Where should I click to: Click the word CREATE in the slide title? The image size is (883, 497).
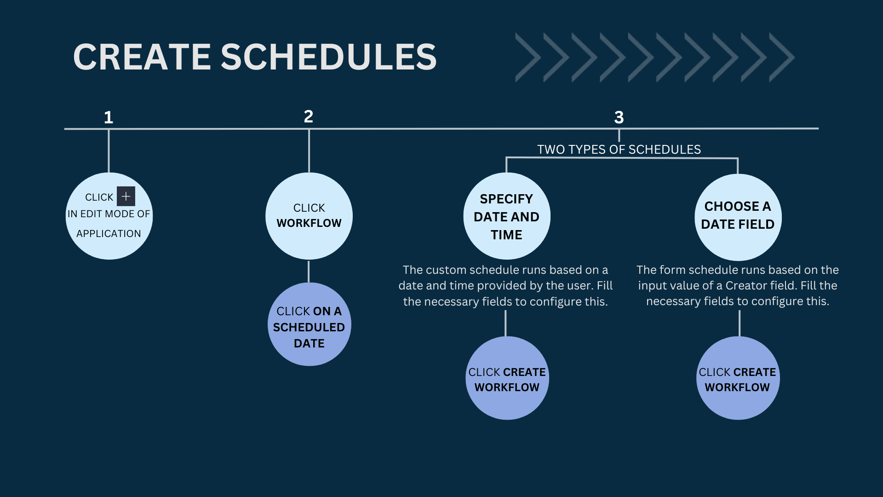coord(142,57)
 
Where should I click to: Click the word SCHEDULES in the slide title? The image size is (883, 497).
coord(329,57)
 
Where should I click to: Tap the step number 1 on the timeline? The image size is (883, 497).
coord(109,117)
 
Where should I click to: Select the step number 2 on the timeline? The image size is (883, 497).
coord(309,116)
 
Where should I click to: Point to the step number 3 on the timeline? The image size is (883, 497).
coord(619,117)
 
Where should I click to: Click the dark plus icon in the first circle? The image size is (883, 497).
coord(126,196)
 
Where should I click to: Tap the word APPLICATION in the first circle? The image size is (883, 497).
coord(109,233)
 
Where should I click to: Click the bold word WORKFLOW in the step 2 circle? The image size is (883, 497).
coord(309,223)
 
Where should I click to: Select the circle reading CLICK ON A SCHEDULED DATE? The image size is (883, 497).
coord(309,324)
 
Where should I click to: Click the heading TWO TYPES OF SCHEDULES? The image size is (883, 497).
coord(619,150)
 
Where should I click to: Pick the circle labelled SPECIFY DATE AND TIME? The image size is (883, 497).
coord(507,216)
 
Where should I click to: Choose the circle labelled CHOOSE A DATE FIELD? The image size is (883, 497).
coord(738,217)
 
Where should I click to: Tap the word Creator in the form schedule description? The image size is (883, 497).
coord(746,285)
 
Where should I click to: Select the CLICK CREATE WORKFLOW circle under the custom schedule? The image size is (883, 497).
coord(507,378)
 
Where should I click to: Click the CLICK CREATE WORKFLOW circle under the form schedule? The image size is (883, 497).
coord(738,378)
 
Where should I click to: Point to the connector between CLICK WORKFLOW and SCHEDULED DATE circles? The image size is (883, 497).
coord(309,272)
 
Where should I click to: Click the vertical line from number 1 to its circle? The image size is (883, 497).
coord(109,151)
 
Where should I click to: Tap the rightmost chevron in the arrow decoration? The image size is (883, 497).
coord(782,58)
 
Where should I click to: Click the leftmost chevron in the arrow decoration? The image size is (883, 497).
coord(528,58)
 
